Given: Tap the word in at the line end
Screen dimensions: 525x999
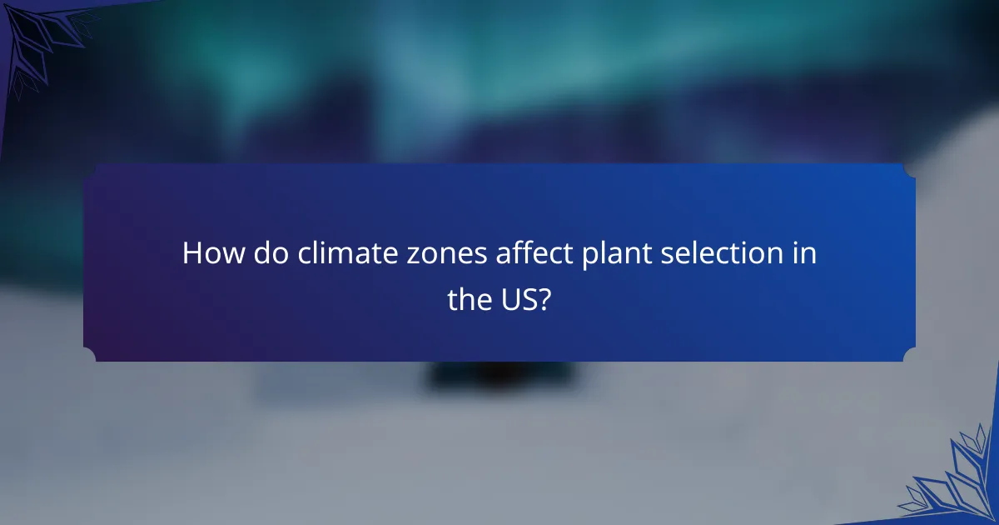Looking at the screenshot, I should pyautogui.click(x=805, y=253).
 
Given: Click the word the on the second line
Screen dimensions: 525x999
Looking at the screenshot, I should pyautogui.click(x=468, y=300).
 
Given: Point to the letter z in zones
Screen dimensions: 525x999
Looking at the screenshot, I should pyautogui.click(x=390, y=256).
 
